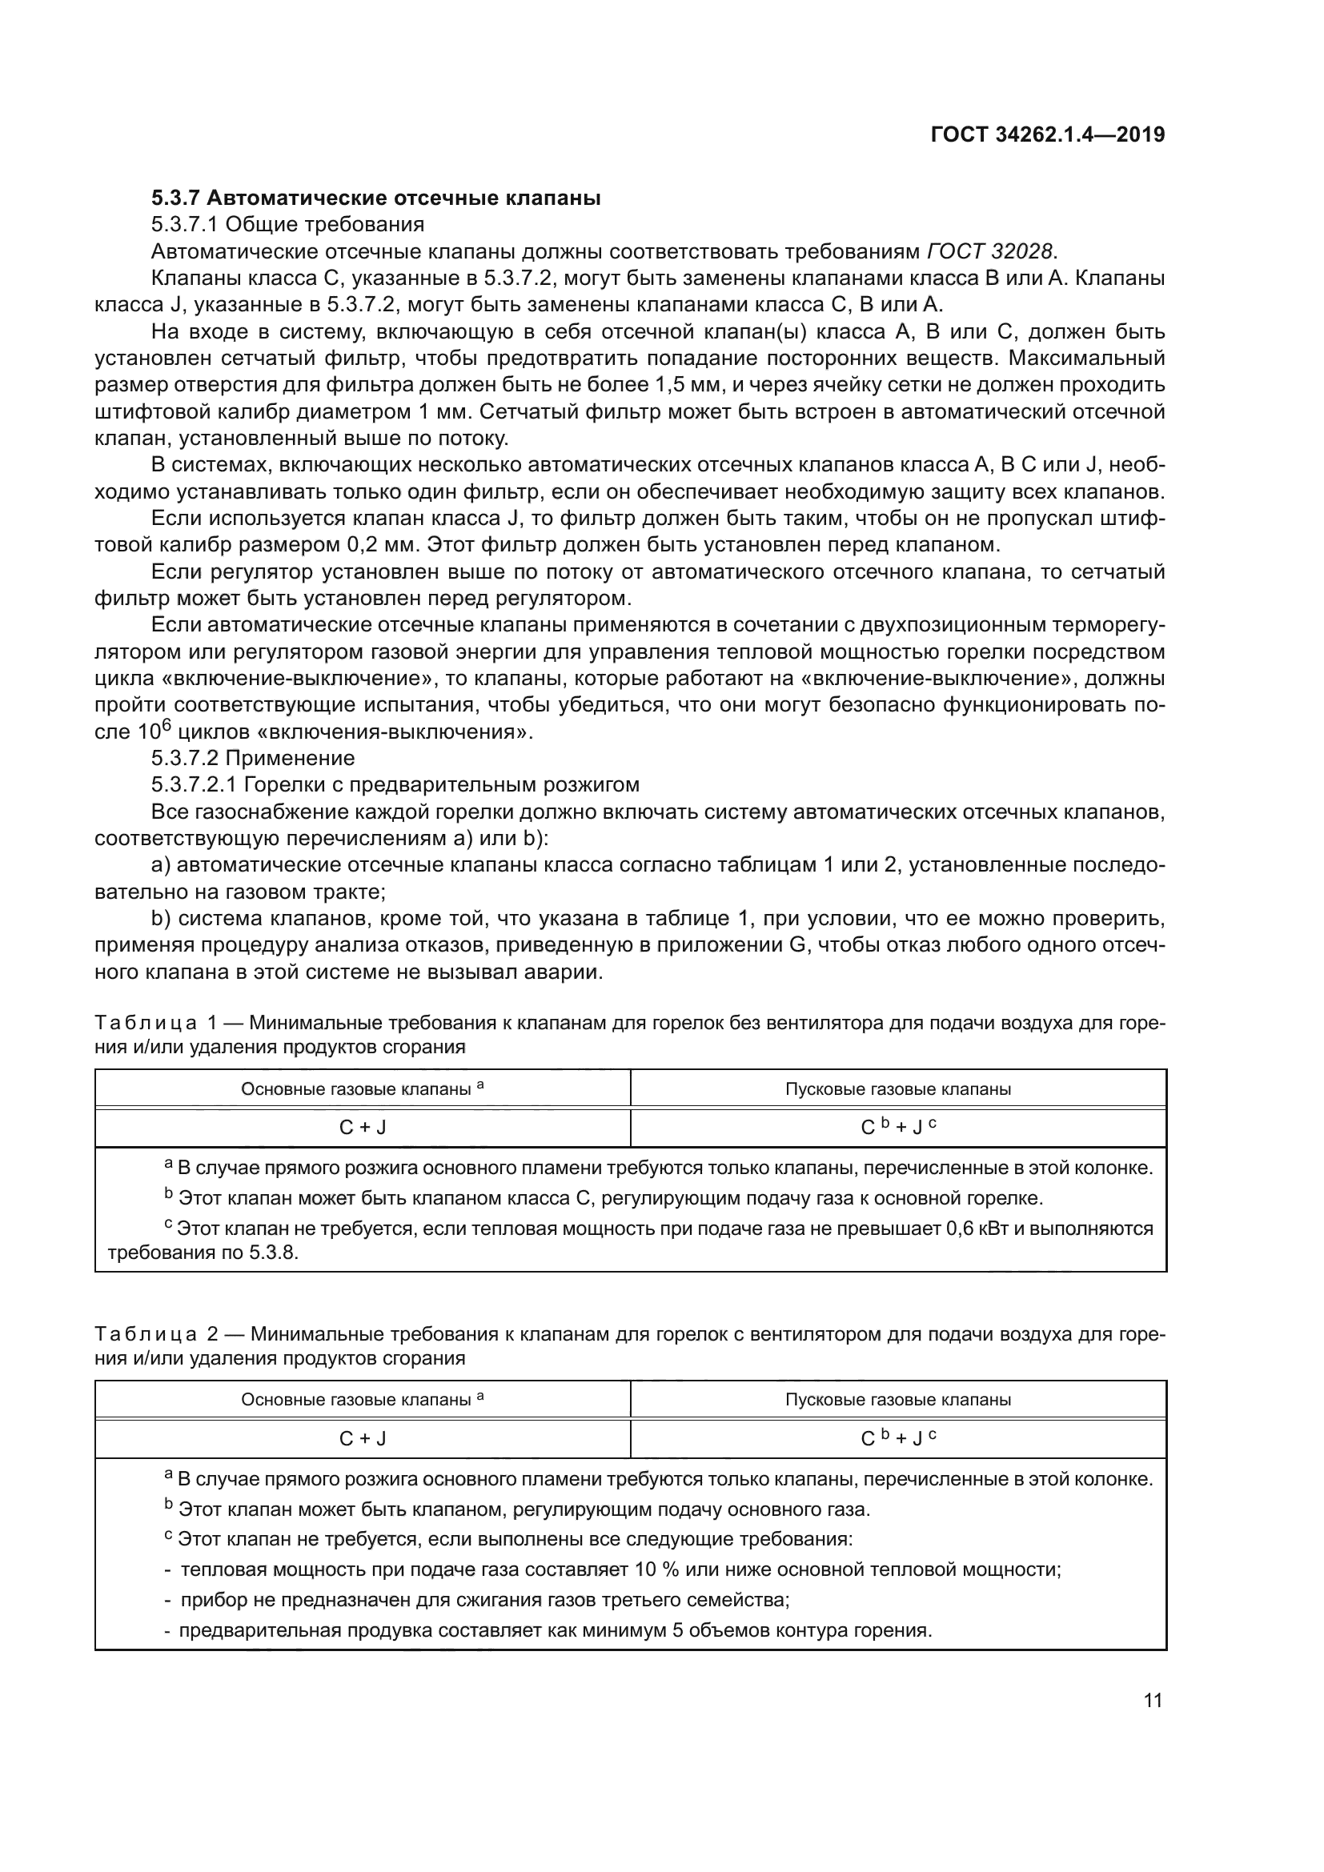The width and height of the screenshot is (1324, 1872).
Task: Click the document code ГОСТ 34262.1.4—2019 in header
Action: tap(1047, 134)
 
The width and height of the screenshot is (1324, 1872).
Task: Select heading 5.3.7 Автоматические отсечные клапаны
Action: tap(376, 198)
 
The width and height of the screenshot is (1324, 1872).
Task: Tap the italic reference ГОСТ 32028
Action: tap(989, 251)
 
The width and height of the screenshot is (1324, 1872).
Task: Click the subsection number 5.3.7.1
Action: tap(184, 224)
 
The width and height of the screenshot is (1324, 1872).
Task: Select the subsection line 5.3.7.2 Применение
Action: tap(253, 758)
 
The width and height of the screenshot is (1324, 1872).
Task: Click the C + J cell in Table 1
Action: tap(362, 1128)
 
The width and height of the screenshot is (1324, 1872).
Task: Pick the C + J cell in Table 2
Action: tap(362, 1439)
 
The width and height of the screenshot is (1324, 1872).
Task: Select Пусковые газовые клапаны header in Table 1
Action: tap(897, 1089)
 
